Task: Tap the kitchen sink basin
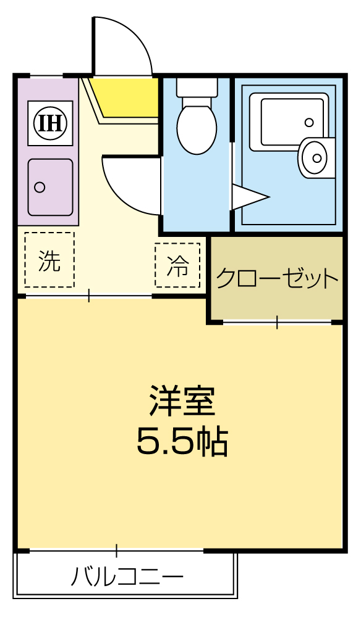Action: [50, 187]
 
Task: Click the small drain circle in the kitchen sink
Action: [40, 187]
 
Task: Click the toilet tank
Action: [197, 87]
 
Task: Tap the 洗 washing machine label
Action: [49, 261]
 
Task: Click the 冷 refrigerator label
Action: [178, 265]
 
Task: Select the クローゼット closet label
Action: [278, 279]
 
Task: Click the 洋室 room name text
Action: [181, 401]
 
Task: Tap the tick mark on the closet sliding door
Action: [276, 321]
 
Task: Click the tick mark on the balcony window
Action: [116, 549]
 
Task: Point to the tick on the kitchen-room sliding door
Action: [89, 296]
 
